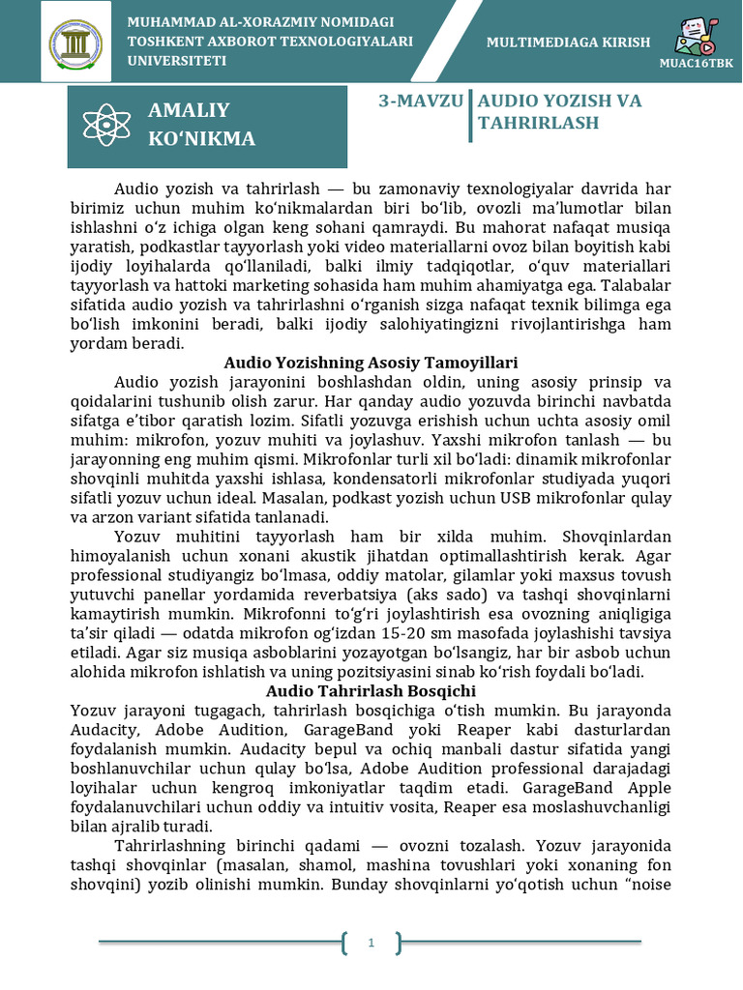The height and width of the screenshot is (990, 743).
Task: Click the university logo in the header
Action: coord(82,43)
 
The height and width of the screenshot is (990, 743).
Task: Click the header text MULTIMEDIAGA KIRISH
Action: coord(568,43)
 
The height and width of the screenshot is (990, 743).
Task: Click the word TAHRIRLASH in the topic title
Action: coord(539,123)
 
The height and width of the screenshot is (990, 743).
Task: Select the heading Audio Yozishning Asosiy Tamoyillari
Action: coord(371,363)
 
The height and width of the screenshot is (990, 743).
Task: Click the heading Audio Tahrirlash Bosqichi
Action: coord(371,691)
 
